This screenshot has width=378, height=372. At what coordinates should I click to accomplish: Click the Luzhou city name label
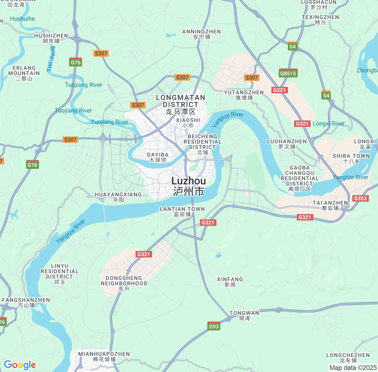[188, 186]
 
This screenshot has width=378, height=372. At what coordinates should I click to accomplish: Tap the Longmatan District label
[180, 104]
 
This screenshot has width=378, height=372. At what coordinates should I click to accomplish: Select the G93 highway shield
[214, 326]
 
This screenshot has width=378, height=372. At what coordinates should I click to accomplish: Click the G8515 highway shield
[288, 73]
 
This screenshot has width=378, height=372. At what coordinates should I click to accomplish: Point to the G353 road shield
[360, 198]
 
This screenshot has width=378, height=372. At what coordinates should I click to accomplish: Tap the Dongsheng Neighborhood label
[124, 283]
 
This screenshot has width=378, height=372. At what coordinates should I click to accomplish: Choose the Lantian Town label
[182, 211]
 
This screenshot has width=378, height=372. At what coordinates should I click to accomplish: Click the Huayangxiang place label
[118, 197]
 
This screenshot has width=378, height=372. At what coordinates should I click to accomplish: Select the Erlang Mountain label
[24, 73]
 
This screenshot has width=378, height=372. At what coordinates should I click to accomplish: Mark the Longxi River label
[328, 124]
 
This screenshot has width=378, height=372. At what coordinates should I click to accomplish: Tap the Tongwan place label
[244, 315]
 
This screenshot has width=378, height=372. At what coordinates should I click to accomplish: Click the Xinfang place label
[230, 282]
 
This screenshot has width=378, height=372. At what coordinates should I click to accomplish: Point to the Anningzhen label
[201, 34]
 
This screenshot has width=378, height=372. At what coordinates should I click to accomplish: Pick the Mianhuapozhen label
[104, 356]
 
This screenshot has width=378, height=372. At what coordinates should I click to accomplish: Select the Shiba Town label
[351, 158]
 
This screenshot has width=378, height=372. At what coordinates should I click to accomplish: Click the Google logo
[20, 365]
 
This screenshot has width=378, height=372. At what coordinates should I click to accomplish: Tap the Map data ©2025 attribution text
[353, 368]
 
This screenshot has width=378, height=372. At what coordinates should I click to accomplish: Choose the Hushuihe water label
[22, 19]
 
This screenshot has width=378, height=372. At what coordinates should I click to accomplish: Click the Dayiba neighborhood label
[158, 157]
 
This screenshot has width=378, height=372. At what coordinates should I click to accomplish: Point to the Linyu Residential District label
[59, 274]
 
